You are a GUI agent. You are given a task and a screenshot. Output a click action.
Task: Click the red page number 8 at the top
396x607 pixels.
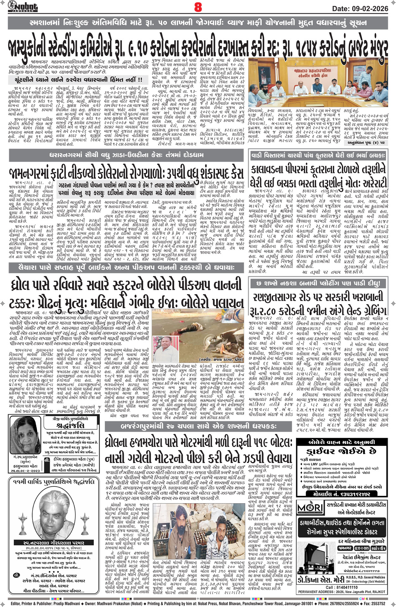pos(198,7)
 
